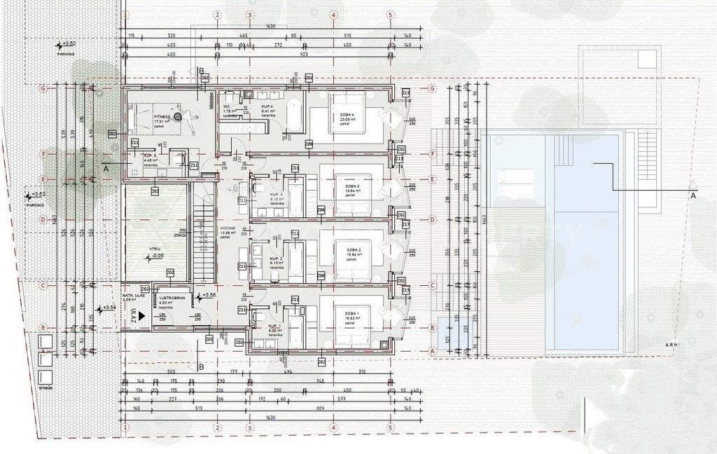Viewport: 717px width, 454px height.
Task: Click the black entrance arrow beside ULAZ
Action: pos(142,316)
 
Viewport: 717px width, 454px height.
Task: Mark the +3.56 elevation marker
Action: pos(207,295)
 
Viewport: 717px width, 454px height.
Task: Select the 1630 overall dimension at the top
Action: pos(270,27)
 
